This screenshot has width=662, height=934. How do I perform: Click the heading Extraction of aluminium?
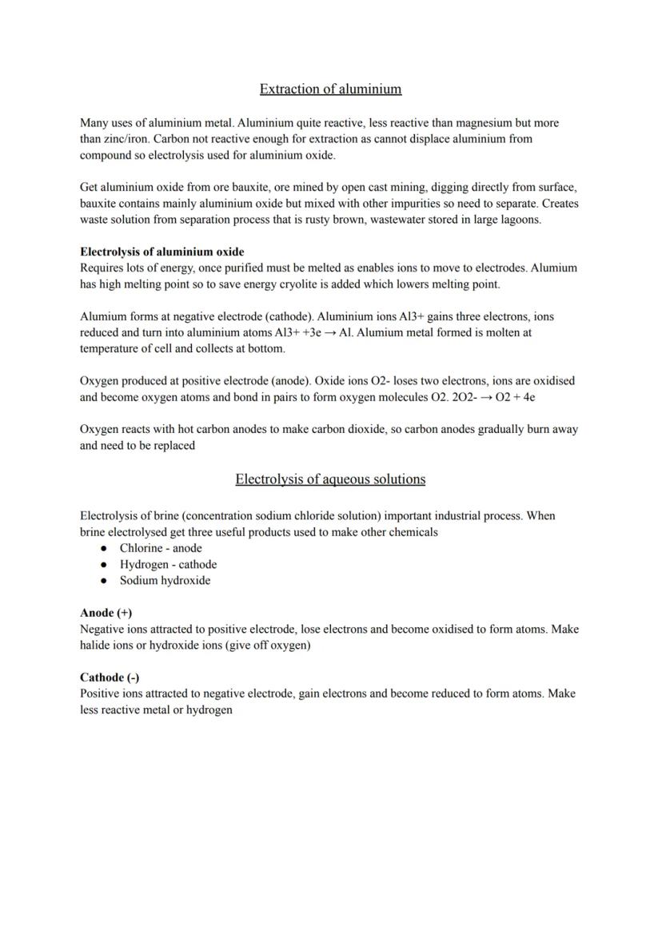[x=330, y=89]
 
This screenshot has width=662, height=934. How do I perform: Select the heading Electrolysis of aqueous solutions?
[x=330, y=479]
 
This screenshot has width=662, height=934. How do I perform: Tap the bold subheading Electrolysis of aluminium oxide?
[x=162, y=252]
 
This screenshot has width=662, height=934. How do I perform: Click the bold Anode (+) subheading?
[x=106, y=613]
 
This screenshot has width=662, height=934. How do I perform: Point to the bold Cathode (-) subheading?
[x=110, y=678]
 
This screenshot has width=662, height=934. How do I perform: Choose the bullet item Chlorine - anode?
[x=161, y=548]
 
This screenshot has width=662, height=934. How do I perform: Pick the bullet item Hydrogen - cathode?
[x=168, y=564]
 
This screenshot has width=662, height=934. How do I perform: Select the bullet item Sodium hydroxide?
[x=165, y=581]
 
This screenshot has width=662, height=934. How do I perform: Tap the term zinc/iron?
[x=106, y=139]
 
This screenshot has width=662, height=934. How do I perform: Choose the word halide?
[x=97, y=646]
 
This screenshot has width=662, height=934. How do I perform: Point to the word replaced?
[x=171, y=446]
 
